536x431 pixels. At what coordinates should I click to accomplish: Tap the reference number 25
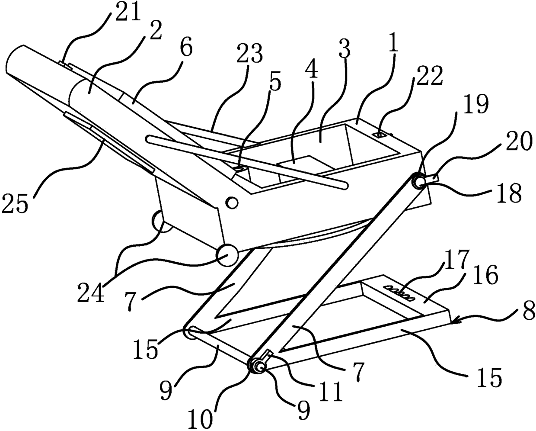coord(16,203)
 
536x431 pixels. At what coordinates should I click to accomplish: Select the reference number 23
coord(249,53)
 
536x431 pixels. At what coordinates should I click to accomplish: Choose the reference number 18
coord(508,192)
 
